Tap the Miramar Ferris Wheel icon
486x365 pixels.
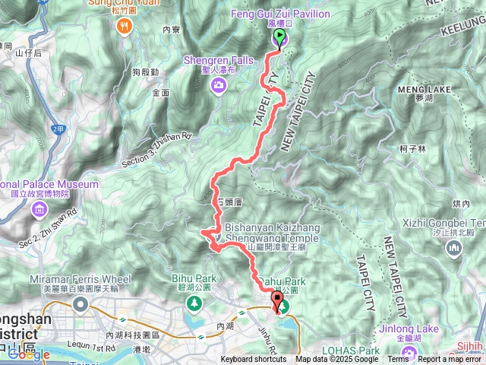point(80,304)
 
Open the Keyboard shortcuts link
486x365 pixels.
point(254,360)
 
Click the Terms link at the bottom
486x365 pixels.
point(398,360)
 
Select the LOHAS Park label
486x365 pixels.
point(358,351)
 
